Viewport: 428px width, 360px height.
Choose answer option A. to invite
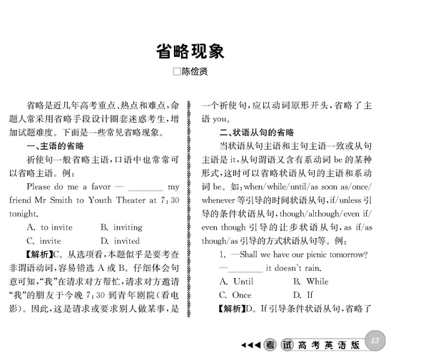[49, 227]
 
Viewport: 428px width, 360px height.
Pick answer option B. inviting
[121, 227]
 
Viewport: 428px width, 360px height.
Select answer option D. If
[303, 294]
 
